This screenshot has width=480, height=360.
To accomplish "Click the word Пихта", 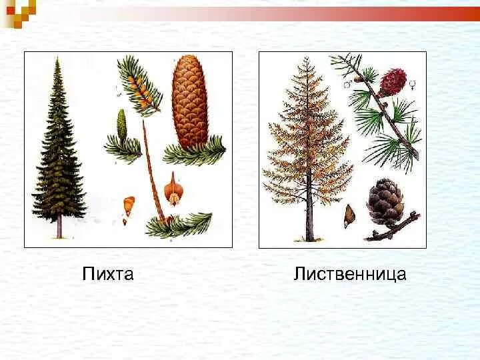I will point(108,273).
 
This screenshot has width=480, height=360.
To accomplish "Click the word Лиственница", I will point(349,273).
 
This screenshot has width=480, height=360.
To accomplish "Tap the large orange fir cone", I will point(190,100).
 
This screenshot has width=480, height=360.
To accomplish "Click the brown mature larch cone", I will point(386,201).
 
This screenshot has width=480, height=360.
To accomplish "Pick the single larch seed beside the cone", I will point(348,215).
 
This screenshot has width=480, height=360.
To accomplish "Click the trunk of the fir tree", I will point(59,227).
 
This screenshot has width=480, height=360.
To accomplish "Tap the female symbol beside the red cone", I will point(413,84).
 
